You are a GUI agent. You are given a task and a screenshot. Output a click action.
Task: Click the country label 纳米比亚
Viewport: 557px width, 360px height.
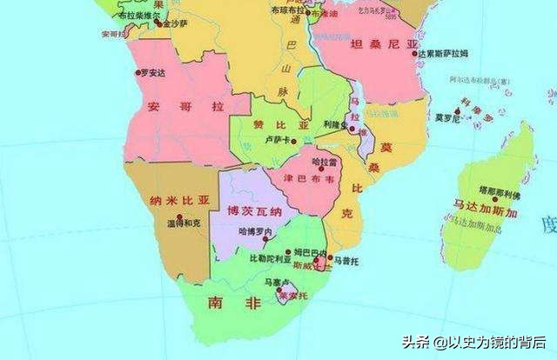tap(180, 199)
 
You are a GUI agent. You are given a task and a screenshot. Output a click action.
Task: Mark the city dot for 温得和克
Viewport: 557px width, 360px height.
tap(180, 215)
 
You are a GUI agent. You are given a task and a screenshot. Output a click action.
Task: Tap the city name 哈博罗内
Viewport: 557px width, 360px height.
tap(256, 231)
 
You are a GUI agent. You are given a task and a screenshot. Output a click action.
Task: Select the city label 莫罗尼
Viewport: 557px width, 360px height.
tap(448, 117)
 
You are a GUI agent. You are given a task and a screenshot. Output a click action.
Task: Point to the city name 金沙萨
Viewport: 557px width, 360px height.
tap(175, 24)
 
